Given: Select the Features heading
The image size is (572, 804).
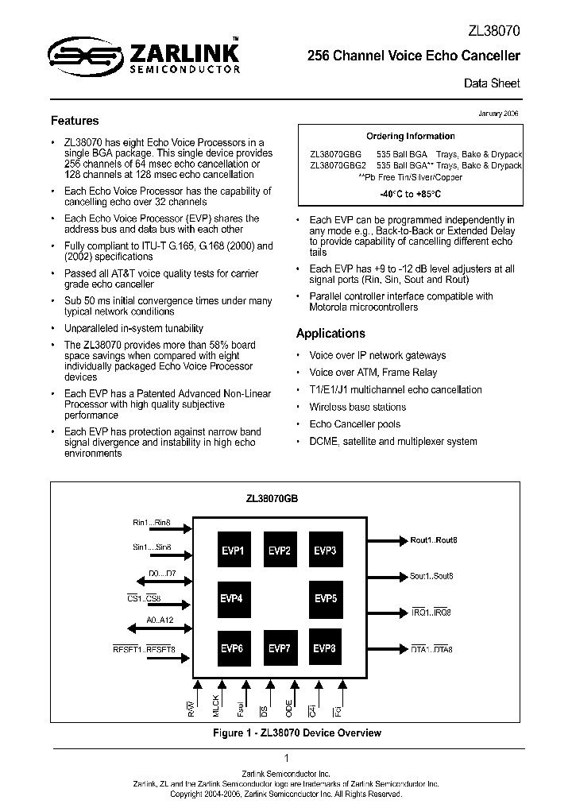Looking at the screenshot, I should pyautogui.click(x=75, y=121).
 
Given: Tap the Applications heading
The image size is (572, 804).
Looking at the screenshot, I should pyautogui.click(x=330, y=334).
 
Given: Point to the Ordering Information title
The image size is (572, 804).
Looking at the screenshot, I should pyautogui.click(x=410, y=136).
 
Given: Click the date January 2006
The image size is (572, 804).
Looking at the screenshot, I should pyautogui.click(x=498, y=114).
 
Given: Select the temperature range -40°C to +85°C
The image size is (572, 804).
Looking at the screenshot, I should pyautogui.click(x=410, y=194).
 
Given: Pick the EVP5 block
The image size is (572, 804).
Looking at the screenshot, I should pyautogui.click(x=326, y=598).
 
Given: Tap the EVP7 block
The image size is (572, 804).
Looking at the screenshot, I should pyautogui.click(x=279, y=648).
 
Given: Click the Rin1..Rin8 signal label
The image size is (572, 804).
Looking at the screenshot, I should pyautogui.click(x=152, y=523).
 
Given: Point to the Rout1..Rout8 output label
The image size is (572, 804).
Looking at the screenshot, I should pyautogui.click(x=434, y=540).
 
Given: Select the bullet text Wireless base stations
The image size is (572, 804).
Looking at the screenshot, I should pyautogui.click(x=357, y=407).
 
